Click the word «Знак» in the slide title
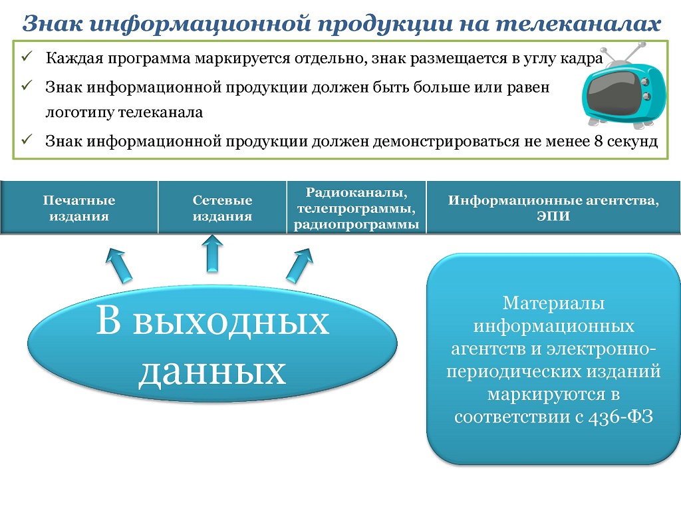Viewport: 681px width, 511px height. tap(52, 23)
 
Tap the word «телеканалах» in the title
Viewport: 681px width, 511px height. tap(578, 23)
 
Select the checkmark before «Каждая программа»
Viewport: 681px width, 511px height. tap(27, 56)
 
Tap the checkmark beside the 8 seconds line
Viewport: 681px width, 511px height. tap(27, 139)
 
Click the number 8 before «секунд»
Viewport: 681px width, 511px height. tap(599, 141)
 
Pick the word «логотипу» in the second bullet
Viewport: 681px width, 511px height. tap(80, 112)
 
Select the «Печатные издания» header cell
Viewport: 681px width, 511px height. tap(79, 208)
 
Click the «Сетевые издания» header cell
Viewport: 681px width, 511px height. tap(222, 208)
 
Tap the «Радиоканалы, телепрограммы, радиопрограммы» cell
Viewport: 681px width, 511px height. tap(356, 208)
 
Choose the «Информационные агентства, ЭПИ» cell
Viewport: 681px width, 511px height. tap(553, 208)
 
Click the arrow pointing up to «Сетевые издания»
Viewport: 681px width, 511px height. tap(212, 254)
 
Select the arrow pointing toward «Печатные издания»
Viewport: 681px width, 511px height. tap(118, 265)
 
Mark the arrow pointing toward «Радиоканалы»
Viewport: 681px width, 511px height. tap(300, 265)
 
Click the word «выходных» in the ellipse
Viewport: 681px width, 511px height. tap(231, 323)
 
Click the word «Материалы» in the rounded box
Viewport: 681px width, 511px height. tap(553, 303)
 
